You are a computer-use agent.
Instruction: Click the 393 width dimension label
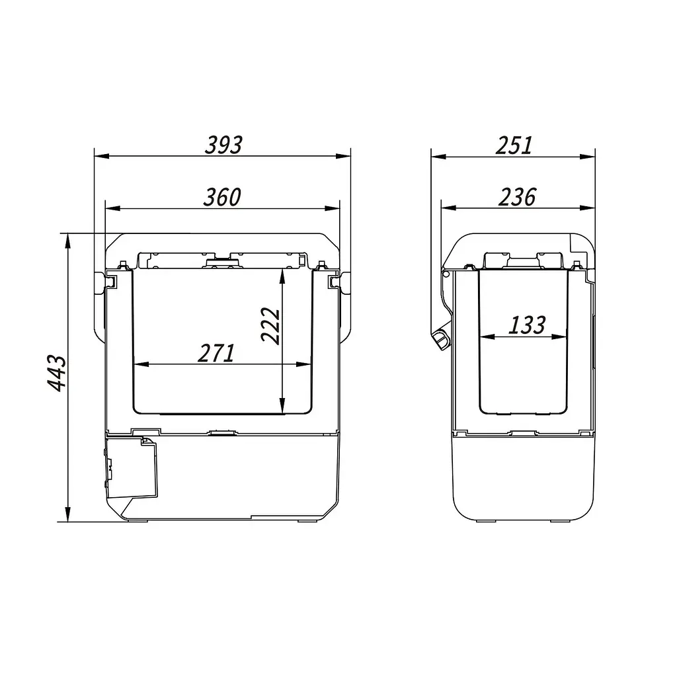click(x=223, y=145)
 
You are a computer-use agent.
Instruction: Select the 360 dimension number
click(x=222, y=197)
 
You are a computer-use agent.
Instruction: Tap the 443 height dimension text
click(x=57, y=374)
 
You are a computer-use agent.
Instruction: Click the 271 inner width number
click(x=216, y=353)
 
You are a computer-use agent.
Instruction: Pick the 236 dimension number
click(x=517, y=197)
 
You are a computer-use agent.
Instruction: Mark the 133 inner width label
click(x=527, y=325)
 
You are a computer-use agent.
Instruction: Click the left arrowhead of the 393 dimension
click(x=101, y=156)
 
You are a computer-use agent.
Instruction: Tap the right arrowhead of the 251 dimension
click(x=588, y=156)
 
